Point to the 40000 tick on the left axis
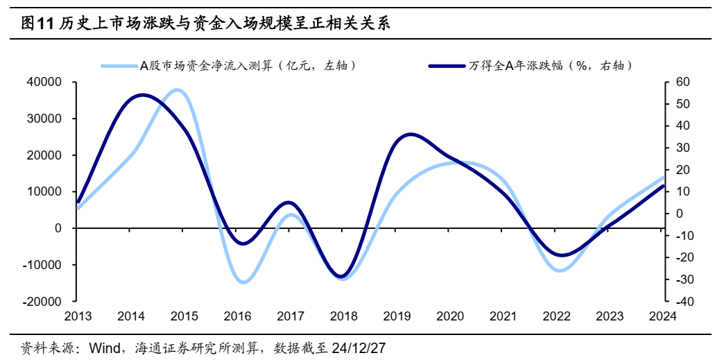43,83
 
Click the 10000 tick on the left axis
43,192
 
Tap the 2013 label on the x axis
78,317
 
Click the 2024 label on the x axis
662,317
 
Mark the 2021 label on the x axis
503,317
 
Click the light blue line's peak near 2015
178,90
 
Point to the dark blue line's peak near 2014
141,95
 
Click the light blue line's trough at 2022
560,271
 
